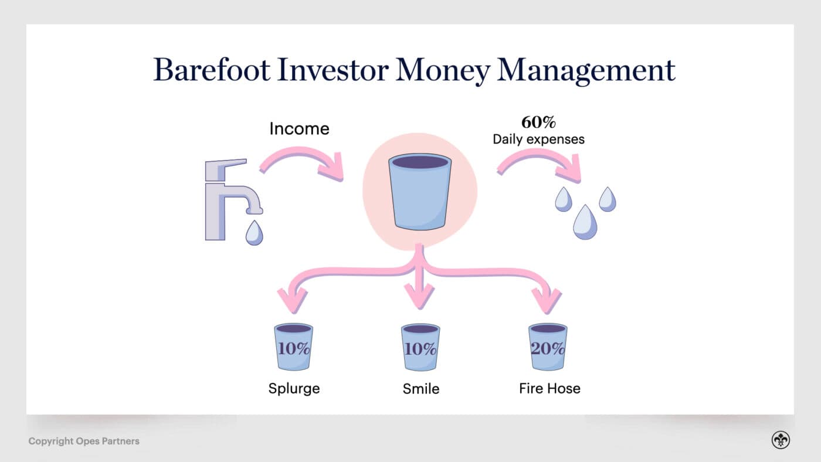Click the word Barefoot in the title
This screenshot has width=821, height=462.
click(212, 70)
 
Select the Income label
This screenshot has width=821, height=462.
click(299, 128)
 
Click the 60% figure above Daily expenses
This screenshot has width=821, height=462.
click(538, 123)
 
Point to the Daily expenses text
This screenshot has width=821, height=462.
click(538, 140)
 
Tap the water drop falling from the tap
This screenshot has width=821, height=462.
click(254, 232)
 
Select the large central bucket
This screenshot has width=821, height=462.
click(420, 192)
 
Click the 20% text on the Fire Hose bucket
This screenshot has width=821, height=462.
click(547, 349)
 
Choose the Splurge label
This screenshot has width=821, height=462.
click(294, 388)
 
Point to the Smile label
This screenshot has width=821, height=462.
click(420, 388)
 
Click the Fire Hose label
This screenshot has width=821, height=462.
click(549, 388)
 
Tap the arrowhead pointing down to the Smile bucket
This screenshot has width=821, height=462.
click(420, 296)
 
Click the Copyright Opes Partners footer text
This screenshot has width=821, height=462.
click(84, 441)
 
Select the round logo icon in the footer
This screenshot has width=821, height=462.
click(781, 440)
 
